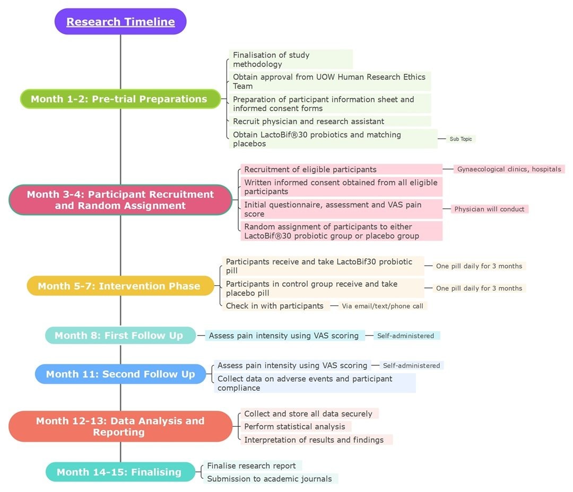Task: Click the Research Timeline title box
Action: click(x=120, y=22)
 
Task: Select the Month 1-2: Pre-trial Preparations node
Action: click(x=120, y=99)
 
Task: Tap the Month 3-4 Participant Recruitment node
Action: click(x=120, y=200)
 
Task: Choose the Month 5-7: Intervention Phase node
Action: click(x=120, y=286)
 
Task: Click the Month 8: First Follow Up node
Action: click(x=120, y=336)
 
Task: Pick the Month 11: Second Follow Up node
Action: click(x=120, y=374)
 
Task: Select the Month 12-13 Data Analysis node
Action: click(x=120, y=426)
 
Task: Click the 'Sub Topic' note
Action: click(x=461, y=139)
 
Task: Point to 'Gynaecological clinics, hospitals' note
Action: click(x=509, y=169)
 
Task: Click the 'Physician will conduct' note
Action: click(x=489, y=209)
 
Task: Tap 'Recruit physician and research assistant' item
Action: click(x=308, y=121)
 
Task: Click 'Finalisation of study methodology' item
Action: click(x=272, y=59)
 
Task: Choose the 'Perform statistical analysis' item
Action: click(x=295, y=427)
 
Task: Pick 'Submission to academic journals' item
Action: click(x=270, y=479)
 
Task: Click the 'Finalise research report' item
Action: click(x=251, y=466)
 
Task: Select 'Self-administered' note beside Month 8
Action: click(x=406, y=336)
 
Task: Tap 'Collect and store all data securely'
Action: click(x=308, y=414)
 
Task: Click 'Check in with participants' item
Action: click(x=274, y=306)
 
